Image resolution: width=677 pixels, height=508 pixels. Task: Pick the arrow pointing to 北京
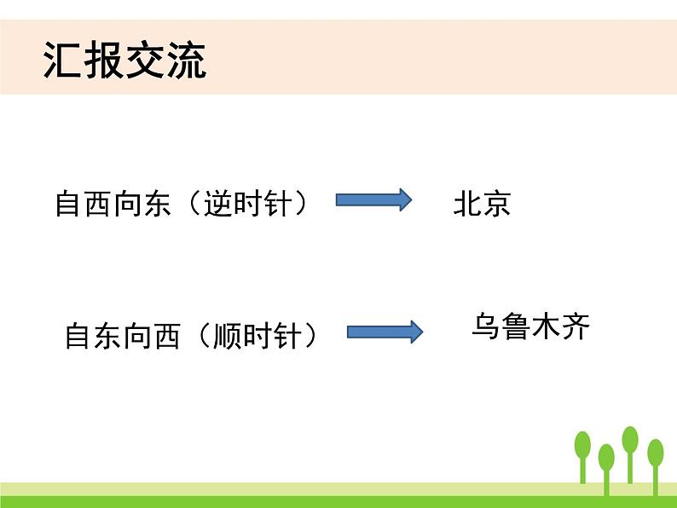373,201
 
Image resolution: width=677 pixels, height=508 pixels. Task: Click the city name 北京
482,205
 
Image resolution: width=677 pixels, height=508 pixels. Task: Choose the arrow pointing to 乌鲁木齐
385,332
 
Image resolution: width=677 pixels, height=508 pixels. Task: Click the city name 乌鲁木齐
530,327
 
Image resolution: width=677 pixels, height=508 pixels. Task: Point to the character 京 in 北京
496,205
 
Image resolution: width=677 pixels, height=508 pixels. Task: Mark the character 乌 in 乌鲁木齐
486,327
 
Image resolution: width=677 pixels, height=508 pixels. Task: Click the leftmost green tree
583,452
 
